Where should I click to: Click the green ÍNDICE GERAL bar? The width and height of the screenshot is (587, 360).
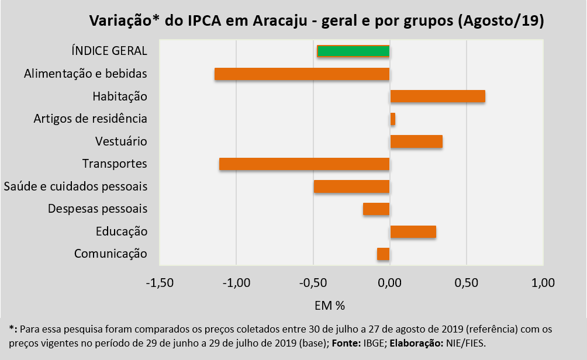(x=353, y=51)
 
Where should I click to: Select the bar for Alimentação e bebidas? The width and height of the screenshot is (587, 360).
(x=302, y=74)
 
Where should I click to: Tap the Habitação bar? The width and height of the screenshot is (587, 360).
(x=437, y=96)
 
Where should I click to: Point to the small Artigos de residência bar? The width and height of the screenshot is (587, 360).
(x=392, y=119)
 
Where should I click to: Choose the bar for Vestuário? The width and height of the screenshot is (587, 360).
(x=416, y=141)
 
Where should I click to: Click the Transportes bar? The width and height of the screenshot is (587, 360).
(x=304, y=164)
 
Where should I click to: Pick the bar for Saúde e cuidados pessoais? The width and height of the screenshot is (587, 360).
(x=351, y=186)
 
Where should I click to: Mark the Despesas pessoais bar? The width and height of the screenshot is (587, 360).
(x=376, y=209)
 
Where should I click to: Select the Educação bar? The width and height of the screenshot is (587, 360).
(x=413, y=231)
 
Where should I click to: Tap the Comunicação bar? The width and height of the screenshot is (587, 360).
(x=383, y=254)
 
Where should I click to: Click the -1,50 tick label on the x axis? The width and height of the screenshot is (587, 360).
(x=159, y=283)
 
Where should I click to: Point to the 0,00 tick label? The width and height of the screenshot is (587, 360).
(x=389, y=283)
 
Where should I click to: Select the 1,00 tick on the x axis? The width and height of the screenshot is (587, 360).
(x=543, y=283)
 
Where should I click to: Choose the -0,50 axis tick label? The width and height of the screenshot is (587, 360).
(x=313, y=283)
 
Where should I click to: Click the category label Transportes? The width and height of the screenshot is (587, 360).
(x=115, y=164)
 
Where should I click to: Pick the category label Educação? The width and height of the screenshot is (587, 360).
(x=122, y=231)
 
